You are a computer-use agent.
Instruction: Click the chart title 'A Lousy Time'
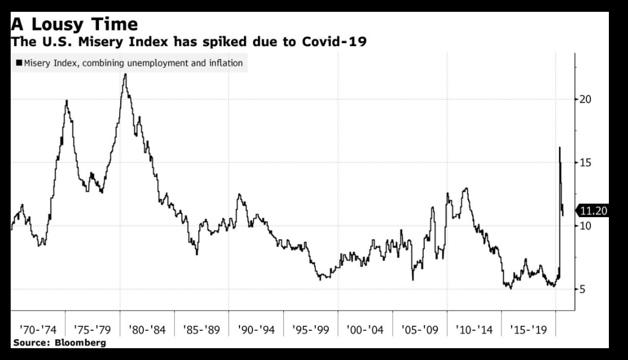(74, 24)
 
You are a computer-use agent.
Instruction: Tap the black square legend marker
(19, 63)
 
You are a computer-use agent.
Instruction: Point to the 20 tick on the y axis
(586, 100)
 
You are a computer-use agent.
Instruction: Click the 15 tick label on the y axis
(586, 163)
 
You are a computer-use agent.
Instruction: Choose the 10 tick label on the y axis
(586, 226)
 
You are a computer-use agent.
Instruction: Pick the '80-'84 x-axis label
(147, 330)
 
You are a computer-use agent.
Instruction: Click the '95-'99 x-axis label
(310, 330)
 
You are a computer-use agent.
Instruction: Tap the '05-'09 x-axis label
(419, 330)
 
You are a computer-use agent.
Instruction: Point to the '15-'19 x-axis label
(528, 330)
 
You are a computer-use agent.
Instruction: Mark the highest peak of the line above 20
(125, 74)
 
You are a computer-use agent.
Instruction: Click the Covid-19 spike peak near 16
(559, 147)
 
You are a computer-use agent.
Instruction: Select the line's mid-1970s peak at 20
(67, 101)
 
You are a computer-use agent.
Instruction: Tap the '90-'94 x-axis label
(256, 330)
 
